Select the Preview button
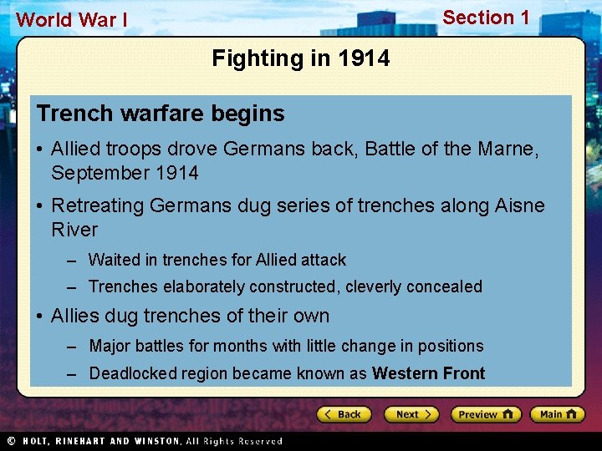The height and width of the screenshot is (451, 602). click(x=486, y=414)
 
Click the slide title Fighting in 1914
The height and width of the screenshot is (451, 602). click(x=300, y=58)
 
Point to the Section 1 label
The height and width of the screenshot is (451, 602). click(x=486, y=18)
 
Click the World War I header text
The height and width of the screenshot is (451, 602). click(x=72, y=19)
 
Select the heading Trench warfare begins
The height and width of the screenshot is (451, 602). click(x=161, y=114)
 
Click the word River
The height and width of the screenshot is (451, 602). click(x=74, y=230)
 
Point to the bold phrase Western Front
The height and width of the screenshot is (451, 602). click(x=428, y=373)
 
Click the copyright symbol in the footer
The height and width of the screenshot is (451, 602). click(x=12, y=441)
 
